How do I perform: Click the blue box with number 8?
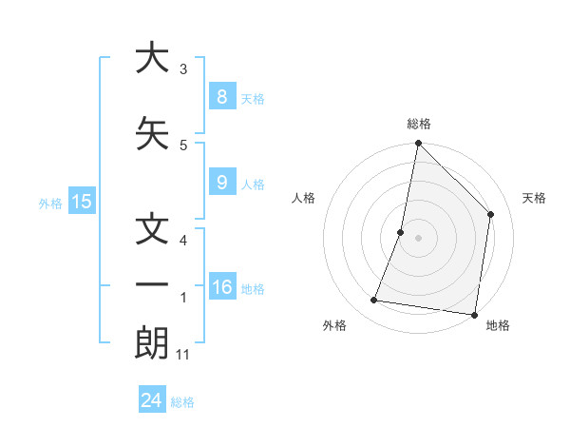click(221, 97)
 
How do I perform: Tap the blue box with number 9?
click(221, 184)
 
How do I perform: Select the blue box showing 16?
click(222, 288)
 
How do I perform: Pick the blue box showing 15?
click(82, 202)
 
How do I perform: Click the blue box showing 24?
click(151, 400)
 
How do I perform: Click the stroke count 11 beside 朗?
click(183, 355)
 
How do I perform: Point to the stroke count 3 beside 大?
click(183, 68)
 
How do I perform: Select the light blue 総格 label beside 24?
click(183, 402)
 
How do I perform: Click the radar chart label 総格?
click(419, 124)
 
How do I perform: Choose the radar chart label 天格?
click(535, 198)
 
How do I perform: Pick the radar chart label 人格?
click(303, 198)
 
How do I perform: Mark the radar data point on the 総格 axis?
click(418, 144)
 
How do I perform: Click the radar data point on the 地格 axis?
click(474, 314)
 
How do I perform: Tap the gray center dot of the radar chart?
click(418, 238)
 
